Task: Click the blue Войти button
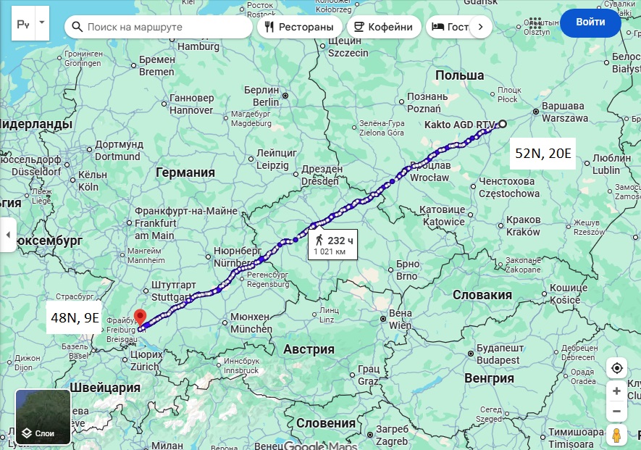590,22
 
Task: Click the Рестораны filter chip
300,28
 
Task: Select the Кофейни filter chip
385,28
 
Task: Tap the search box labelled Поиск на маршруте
159,28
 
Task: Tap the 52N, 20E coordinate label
542,153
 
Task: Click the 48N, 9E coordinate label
75,317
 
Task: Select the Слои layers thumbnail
43,417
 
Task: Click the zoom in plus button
616,391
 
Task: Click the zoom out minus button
616,411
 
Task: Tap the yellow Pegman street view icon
616,436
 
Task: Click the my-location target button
616,367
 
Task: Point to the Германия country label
185,172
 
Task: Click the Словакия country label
482,295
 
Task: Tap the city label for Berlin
261,96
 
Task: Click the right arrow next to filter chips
481,28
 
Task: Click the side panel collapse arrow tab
8,235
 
